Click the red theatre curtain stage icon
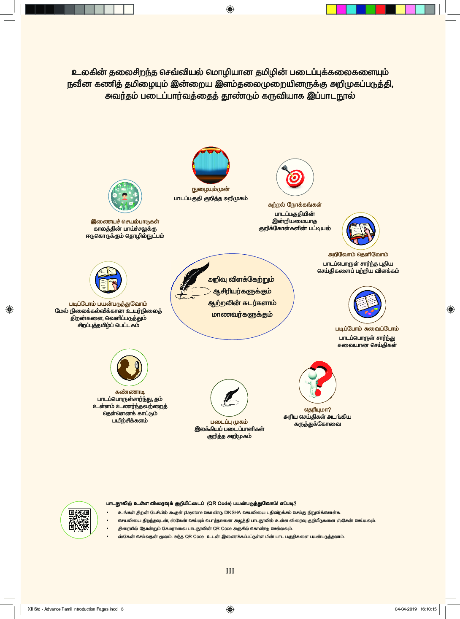[x=211, y=165]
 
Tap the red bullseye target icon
[x=295, y=177]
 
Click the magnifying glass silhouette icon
[x=129, y=367]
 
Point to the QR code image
[x=79, y=520]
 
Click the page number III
[x=230, y=571]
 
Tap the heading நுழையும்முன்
[x=211, y=189]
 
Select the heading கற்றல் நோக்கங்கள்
[x=295, y=205]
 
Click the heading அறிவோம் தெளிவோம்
[x=358, y=254]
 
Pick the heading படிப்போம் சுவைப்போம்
[x=367, y=328]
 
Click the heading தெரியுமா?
[x=317, y=409]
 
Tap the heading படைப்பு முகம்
[x=229, y=422]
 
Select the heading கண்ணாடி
[x=130, y=392]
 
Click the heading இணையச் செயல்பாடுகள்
[x=125, y=221]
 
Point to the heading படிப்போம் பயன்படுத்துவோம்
[x=108, y=304]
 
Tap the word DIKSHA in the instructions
[x=233, y=512]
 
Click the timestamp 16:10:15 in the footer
[x=428, y=609]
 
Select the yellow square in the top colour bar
[x=331, y=9]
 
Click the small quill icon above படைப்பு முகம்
[x=229, y=398]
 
